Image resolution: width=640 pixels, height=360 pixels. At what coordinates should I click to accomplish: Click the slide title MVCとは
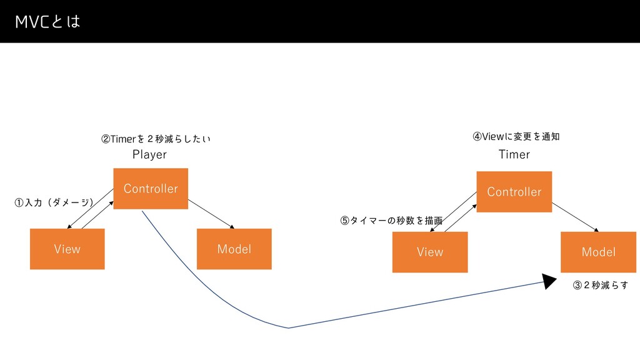coord(48,22)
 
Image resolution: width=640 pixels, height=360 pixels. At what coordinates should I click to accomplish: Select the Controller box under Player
coord(151,188)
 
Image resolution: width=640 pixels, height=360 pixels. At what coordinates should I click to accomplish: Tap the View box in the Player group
coord(67,249)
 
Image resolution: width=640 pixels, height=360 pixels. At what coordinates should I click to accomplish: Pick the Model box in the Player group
coord(234,249)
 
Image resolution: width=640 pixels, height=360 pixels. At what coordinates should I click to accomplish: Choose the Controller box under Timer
coord(514,191)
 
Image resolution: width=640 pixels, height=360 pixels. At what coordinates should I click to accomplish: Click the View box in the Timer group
coord(429,252)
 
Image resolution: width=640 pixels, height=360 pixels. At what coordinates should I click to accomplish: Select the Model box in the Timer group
coord(598,252)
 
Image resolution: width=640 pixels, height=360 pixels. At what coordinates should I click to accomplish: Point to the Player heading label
coord(149,154)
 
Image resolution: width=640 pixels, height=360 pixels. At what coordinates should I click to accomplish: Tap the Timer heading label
coord(514,154)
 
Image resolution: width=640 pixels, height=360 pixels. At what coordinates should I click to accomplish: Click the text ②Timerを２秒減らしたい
coord(156,138)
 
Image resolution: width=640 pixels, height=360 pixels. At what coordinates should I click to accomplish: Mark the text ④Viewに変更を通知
coord(516,136)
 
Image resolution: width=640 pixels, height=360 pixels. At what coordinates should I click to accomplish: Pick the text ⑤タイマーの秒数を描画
coord(391,220)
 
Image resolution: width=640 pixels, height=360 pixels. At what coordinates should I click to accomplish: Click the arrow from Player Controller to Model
coord(211,214)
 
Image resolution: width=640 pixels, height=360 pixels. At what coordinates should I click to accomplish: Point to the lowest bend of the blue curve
coord(288,327)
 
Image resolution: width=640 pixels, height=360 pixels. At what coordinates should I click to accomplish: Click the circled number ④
coord(477,136)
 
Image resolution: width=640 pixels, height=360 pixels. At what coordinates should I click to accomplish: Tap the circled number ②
coord(106,138)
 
